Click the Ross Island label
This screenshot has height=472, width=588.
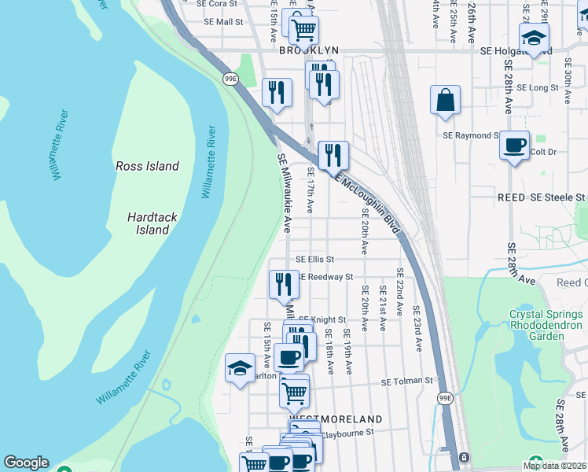pos(147,166)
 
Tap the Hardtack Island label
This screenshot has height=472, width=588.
pos(149,223)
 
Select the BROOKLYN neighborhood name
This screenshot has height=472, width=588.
pos(309,50)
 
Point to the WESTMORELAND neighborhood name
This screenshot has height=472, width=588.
pos(336,419)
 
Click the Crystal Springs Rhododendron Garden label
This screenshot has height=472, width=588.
pos(546,325)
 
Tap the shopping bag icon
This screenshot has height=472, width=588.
pos(445,101)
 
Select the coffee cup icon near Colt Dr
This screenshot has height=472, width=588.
pos(514,146)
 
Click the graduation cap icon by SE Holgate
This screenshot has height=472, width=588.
pos(534,38)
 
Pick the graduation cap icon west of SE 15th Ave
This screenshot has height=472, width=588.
pos(240,368)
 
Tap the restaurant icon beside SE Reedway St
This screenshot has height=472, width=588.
pos(284,285)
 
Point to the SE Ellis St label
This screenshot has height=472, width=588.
pos(314,259)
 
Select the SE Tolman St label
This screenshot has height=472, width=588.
pos(407,382)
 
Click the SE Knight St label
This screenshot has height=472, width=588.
pos(322,319)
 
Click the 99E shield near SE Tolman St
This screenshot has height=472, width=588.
pos(445,399)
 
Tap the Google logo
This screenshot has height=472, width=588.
pos(26,463)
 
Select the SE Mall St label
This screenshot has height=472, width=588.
pos(223,22)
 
